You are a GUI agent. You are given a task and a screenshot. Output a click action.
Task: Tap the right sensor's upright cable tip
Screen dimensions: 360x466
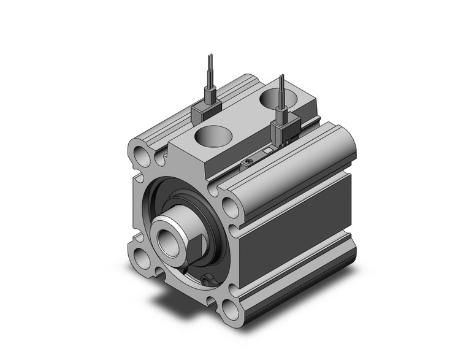tap(282, 77)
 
